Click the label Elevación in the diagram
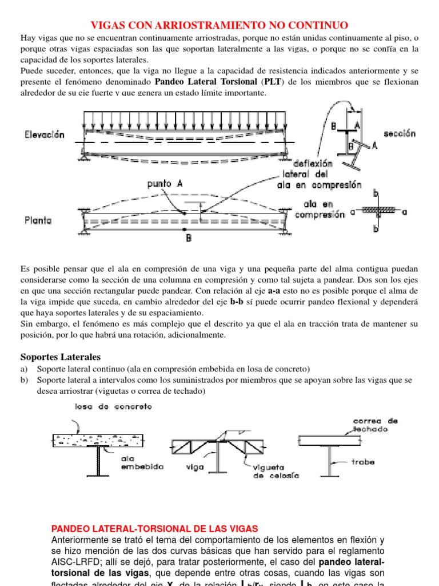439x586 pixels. point(44,135)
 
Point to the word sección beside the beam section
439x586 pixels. point(400,133)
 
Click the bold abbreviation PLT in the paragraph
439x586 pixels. point(272,82)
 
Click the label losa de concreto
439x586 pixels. point(113,406)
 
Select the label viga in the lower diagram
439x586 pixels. point(195,466)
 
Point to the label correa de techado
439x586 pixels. point(375,425)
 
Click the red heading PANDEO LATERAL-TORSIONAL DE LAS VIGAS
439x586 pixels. point(155,528)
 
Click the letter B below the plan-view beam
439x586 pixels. point(188,239)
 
